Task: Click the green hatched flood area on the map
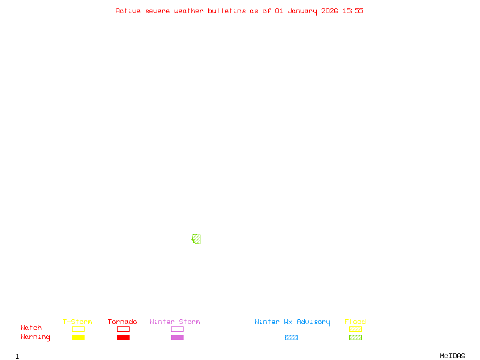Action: (x=196, y=239)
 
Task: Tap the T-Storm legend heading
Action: (x=77, y=322)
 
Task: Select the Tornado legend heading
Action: (x=122, y=322)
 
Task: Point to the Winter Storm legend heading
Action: (x=175, y=322)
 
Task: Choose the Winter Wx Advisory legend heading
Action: (x=292, y=322)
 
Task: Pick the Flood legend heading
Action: (x=355, y=322)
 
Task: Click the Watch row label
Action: (x=31, y=328)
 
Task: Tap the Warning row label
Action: (x=35, y=337)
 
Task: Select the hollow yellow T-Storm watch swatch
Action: (x=78, y=329)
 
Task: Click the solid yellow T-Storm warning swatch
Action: (x=78, y=337)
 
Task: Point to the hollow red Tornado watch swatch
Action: (x=123, y=329)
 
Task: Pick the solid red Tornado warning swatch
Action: (x=123, y=337)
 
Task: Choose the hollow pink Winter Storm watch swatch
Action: (x=177, y=329)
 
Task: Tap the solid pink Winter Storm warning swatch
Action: (x=177, y=337)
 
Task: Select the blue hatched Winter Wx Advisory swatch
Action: (x=291, y=337)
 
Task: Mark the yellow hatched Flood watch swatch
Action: (x=355, y=329)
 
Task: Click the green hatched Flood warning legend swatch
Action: (x=355, y=337)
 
